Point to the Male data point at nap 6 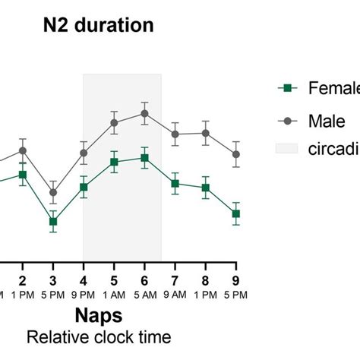pyautogui.click(x=144, y=113)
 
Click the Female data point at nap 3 pyautogui.click(x=53, y=222)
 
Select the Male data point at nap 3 pyautogui.click(x=53, y=192)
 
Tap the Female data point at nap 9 pyautogui.click(x=236, y=214)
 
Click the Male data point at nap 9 pyautogui.click(x=236, y=154)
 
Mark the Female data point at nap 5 pyautogui.click(x=114, y=162)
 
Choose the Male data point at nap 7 pyautogui.click(x=175, y=134)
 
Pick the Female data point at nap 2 pyautogui.click(x=23, y=175)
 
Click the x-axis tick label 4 pyautogui.click(x=84, y=279)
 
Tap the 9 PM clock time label pyautogui.click(x=84, y=294)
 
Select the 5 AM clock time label pyautogui.click(x=144, y=294)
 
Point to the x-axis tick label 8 pyautogui.click(x=206, y=279)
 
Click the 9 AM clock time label pyautogui.click(x=175, y=294)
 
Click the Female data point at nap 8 pyautogui.click(x=206, y=188)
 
